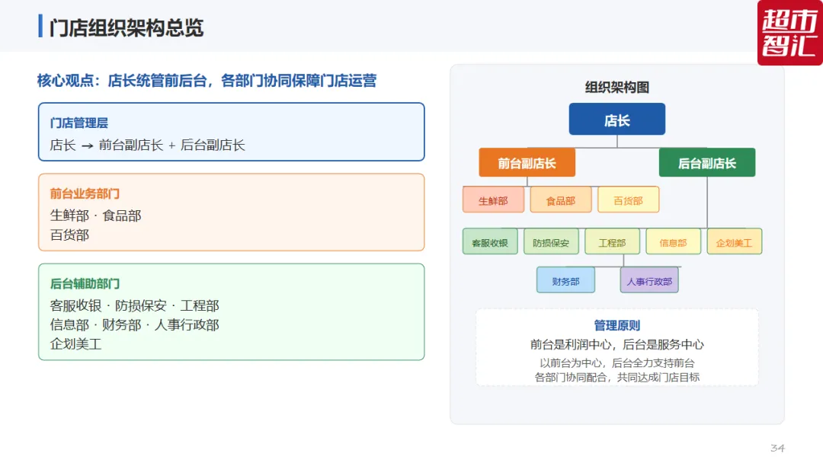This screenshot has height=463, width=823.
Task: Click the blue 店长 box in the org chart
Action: pyautogui.click(x=616, y=119)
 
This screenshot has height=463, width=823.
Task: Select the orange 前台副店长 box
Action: pyautogui.click(x=527, y=162)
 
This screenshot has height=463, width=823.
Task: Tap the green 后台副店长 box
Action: pyautogui.click(x=707, y=162)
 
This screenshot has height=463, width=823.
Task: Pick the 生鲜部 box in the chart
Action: pyautogui.click(x=493, y=200)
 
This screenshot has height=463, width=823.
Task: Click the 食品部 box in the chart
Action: pyautogui.click(x=561, y=200)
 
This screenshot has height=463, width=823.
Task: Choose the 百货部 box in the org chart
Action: pyautogui.click(x=628, y=200)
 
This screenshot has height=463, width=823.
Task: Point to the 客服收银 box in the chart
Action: pyautogui.click(x=490, y=241)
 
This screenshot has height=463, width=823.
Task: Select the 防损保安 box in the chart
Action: pyautogui.click(x=551, y=241)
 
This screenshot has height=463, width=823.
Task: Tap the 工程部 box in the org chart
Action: pyautogui.click(x=612, y=241)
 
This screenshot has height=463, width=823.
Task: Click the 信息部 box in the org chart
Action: pyautogui.click(x=673, y=241)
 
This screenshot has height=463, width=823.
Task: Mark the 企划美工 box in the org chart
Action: pyautogui.click(x=735, y=241)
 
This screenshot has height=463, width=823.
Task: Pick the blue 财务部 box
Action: pyautogui.click(x=565, y=280)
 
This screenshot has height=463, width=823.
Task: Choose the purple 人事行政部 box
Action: pyautogui.click(x=649, y=280)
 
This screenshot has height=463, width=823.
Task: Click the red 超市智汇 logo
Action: pyautogui.click(x=790, y=33)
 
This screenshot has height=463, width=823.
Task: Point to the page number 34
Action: pyautogui.click(x=777, y=448)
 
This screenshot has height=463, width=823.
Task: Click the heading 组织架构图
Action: pyautogui.click(x=616, y=87)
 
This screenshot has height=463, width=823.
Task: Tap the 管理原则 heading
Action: pyautogui.click(x=616, y=326)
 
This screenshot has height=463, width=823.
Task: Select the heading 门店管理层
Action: pyautogui.click(x=78, y=123)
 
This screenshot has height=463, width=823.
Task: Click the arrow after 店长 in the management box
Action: pyautogui.click(x=87, y=145)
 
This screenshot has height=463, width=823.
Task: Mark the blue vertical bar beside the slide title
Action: pyautogui.click(x=40, y=26)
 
